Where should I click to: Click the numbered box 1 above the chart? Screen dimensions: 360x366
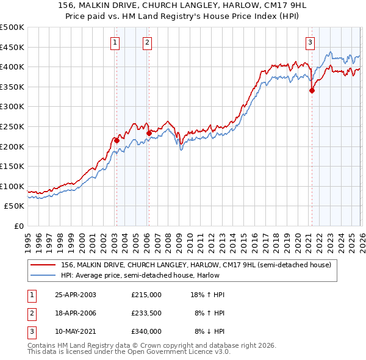point(115,42)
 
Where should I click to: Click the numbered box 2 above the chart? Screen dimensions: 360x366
point(148,42)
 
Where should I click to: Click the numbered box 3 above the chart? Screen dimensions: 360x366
point(310,42)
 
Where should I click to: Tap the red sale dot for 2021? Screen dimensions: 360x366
point(312,90)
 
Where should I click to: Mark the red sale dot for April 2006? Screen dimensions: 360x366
point(149,133)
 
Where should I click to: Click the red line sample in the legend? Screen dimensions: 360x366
point(44,265)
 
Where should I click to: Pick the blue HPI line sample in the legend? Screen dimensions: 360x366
point(44,275)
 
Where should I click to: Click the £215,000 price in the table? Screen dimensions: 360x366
point(146,295)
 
